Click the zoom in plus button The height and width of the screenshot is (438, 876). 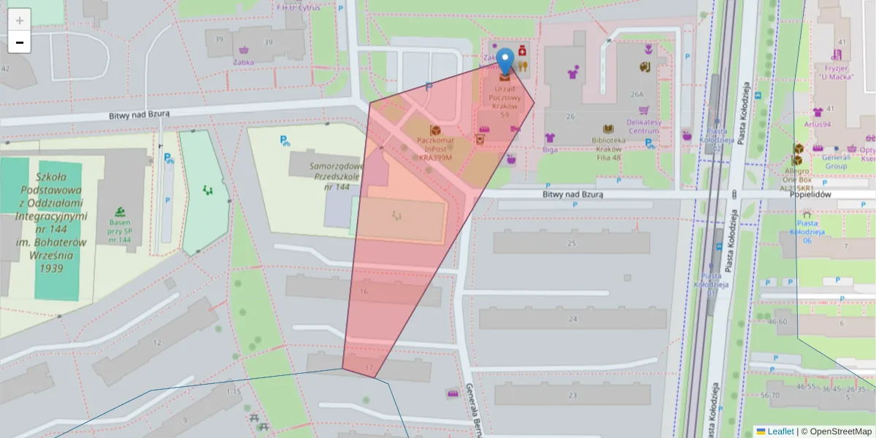coord(20,20)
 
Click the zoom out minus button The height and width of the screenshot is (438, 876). coord(20,42)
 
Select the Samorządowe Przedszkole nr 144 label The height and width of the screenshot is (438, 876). coord(328,176)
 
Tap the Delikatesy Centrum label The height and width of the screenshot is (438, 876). coord(643,126)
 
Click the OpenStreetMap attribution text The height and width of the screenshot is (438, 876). coord(837,431)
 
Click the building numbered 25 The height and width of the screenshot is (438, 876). coord(571,243)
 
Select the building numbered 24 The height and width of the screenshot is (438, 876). coord(572,319)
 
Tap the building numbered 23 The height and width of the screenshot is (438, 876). coord(572,396)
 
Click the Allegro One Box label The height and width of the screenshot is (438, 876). coord(797,179)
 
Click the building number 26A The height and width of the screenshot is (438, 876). coord(637,94)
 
